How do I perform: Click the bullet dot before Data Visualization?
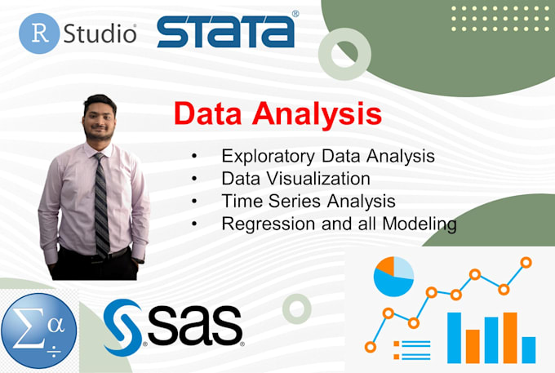click(x=193, y=178)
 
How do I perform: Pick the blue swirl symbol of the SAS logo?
click(x=124, y=326)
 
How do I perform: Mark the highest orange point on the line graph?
click(x=526, y=262)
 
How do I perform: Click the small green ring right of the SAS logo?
click(x=297, y=309)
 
